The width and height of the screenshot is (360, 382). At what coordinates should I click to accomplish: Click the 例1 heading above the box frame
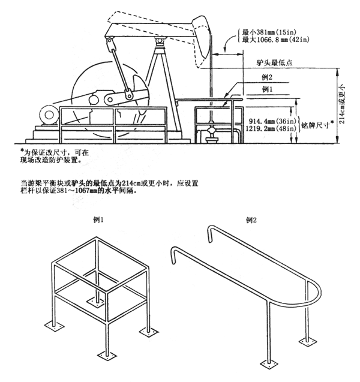point(100,221)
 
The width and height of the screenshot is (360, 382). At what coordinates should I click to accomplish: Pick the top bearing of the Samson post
point(161,41)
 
